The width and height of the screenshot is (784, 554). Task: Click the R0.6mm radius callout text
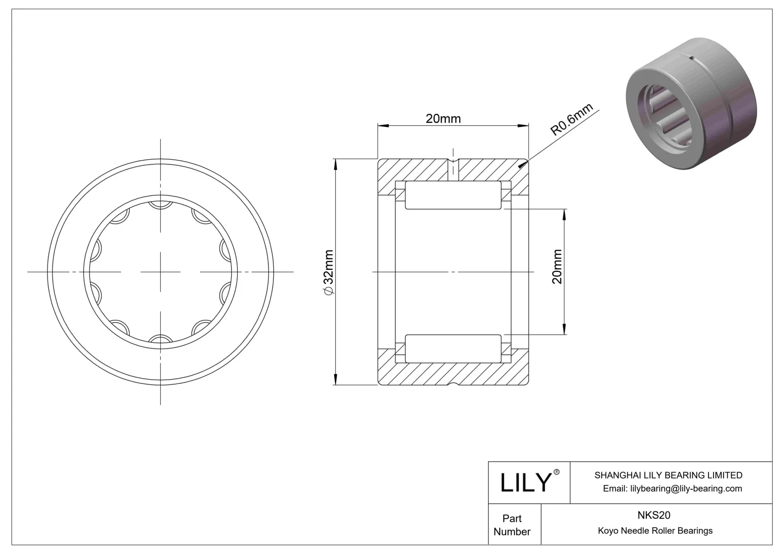[571, 120]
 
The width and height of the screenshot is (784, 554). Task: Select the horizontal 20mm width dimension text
[443, 119]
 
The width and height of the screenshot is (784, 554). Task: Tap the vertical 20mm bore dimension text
[557, 267]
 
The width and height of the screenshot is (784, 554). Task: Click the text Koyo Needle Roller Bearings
[655, 530]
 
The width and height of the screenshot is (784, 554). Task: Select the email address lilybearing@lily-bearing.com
[672, 488]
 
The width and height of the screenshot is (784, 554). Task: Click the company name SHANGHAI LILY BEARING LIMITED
[668, 475]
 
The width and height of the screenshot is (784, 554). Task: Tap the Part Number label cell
[512, 525]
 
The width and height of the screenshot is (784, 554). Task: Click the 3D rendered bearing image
[691, 104]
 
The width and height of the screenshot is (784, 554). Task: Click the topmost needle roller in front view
[160, 205]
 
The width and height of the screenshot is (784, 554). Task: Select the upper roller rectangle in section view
[453, 195]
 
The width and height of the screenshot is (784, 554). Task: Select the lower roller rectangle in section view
[453, 348]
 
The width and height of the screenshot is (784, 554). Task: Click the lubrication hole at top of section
[453, 169]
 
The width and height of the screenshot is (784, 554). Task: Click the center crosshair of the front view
[161, 272]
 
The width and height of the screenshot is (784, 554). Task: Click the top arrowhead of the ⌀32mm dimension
[335, 163]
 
